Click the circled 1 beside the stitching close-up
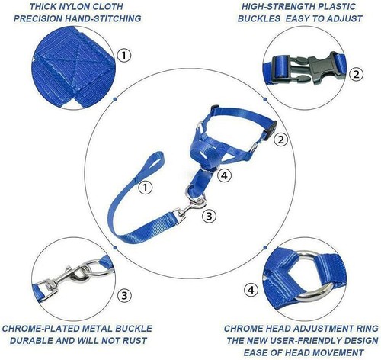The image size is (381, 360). coord(124,56)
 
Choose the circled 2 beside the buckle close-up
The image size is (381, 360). coord(355,73)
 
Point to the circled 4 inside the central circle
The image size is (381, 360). coord(223,175)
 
